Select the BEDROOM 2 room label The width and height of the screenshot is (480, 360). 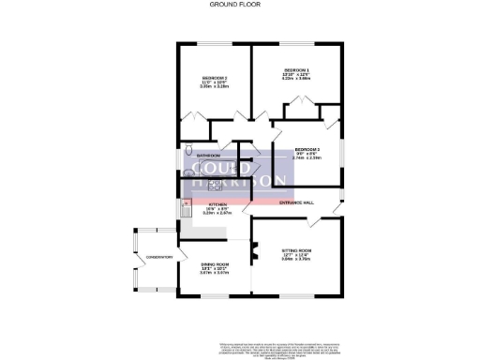pos(216,77)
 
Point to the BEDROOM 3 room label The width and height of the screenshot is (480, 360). pos(307,150)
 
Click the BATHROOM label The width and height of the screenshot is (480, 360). pos(208,155)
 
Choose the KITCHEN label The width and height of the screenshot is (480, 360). pos(217,203)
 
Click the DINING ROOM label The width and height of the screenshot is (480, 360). pos(216,264)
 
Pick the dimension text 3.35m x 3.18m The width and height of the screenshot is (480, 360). pos(216,86)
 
